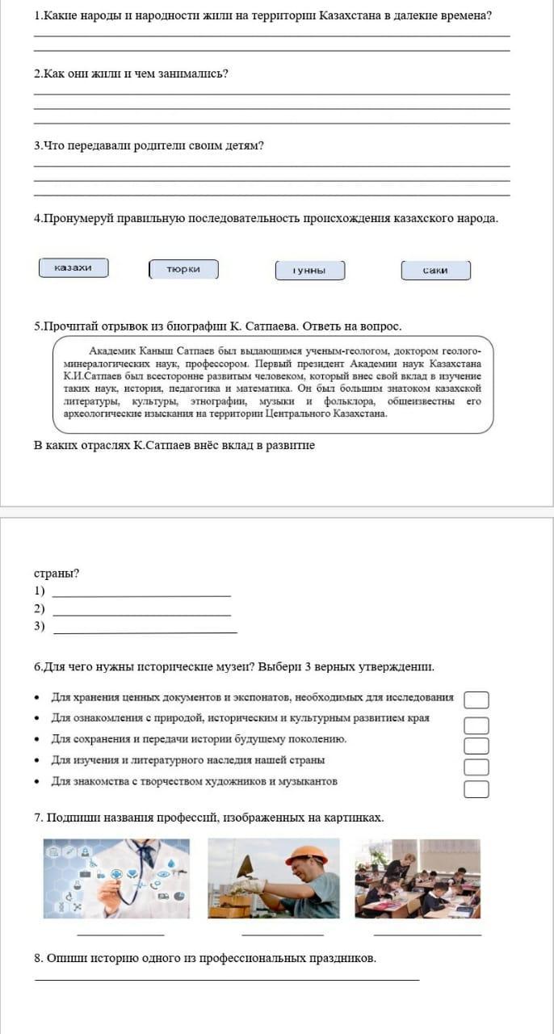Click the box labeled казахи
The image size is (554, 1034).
pyautogui.click(x=73, y=268)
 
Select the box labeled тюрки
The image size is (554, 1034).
pyautogui.click(x=183, y=269)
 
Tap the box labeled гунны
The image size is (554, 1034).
pyautogui.click(x=310, y=271)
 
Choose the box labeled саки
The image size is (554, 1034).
pyautogui.click(x=435, y=271)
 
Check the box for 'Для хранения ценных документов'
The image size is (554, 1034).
pyautogui.click(x=476, y=699)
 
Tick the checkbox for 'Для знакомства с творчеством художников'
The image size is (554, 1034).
pyautogui.click(x=476, y=789)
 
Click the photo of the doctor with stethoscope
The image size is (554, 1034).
pyautogui.click(x=116, y=878)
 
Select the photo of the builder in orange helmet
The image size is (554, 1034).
pyautogui.click(x=273, y=878)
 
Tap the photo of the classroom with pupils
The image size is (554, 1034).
pyautogui.click(x=418, y=878)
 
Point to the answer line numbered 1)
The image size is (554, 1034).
pyautogui.click(x=141, y=595)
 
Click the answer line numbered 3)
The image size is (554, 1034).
pyautogui.click(x=145, y=631)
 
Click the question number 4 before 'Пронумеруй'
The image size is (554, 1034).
pyautogui.click(x=37, y=218)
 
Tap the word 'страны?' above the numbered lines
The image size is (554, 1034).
pyautogui.click(x=57, y=574)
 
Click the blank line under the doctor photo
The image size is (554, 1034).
pyautogui.click(x=120, y=935)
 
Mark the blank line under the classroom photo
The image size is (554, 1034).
pyautogui.click(x=427, y=935)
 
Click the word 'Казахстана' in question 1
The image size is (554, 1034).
pyautogui.click(x=350, y=15)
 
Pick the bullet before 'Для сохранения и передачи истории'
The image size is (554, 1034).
pyautogui.click(x=38, y=740)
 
